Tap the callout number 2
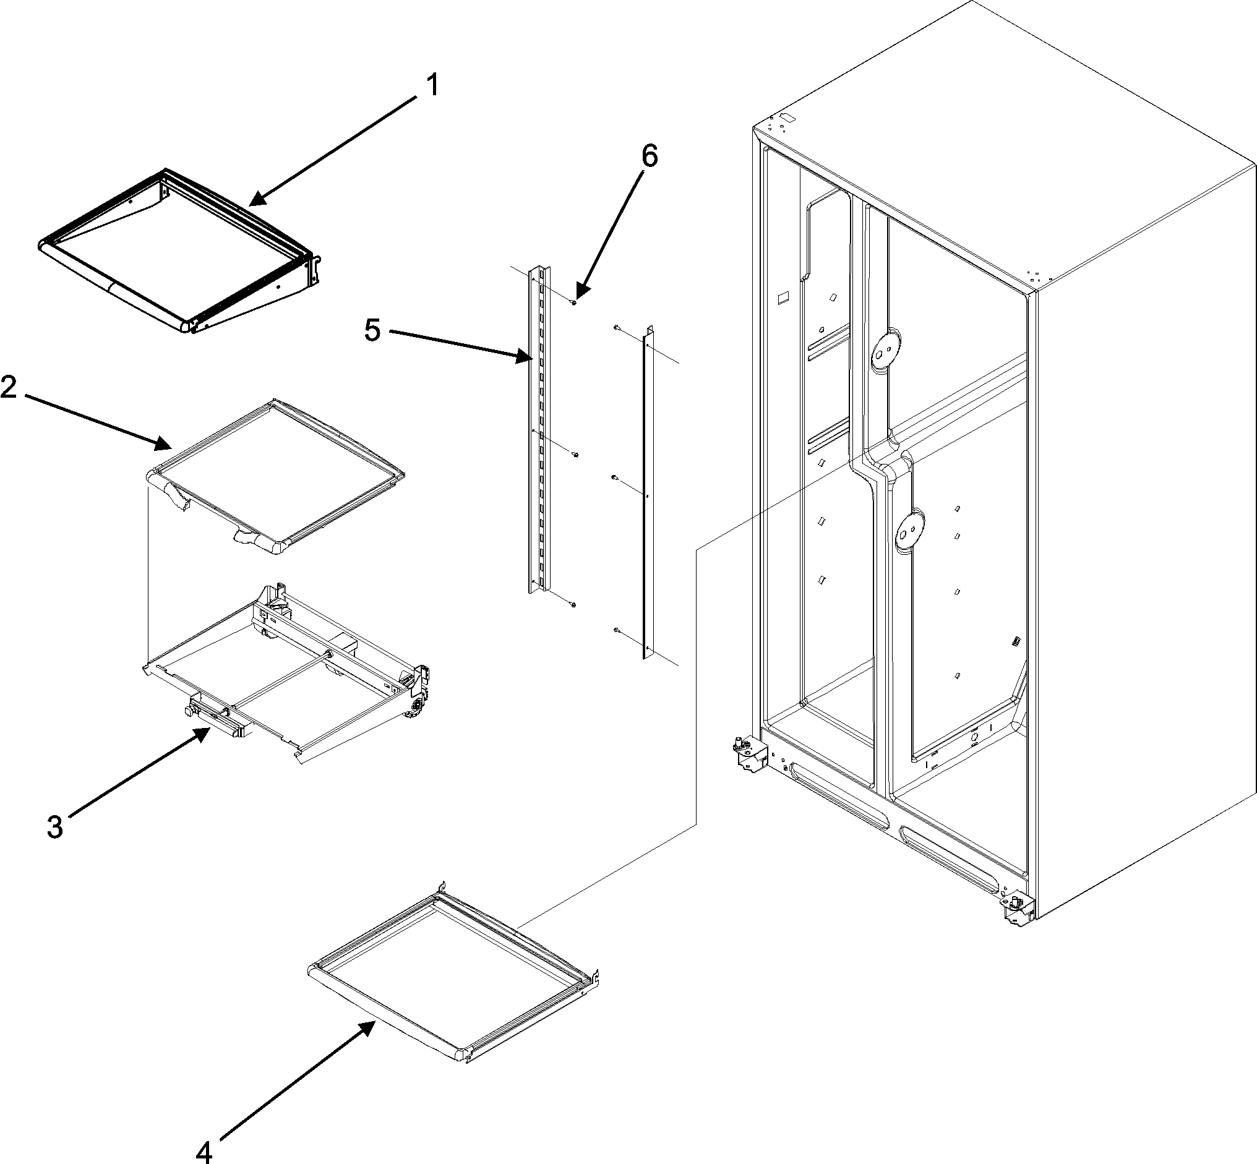pos(9,387)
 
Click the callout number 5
pos(373,330)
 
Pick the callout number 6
pos(648,156)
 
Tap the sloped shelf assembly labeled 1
pos(176,252)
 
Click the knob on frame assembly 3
pos(189,710)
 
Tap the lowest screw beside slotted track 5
pos(573,605)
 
